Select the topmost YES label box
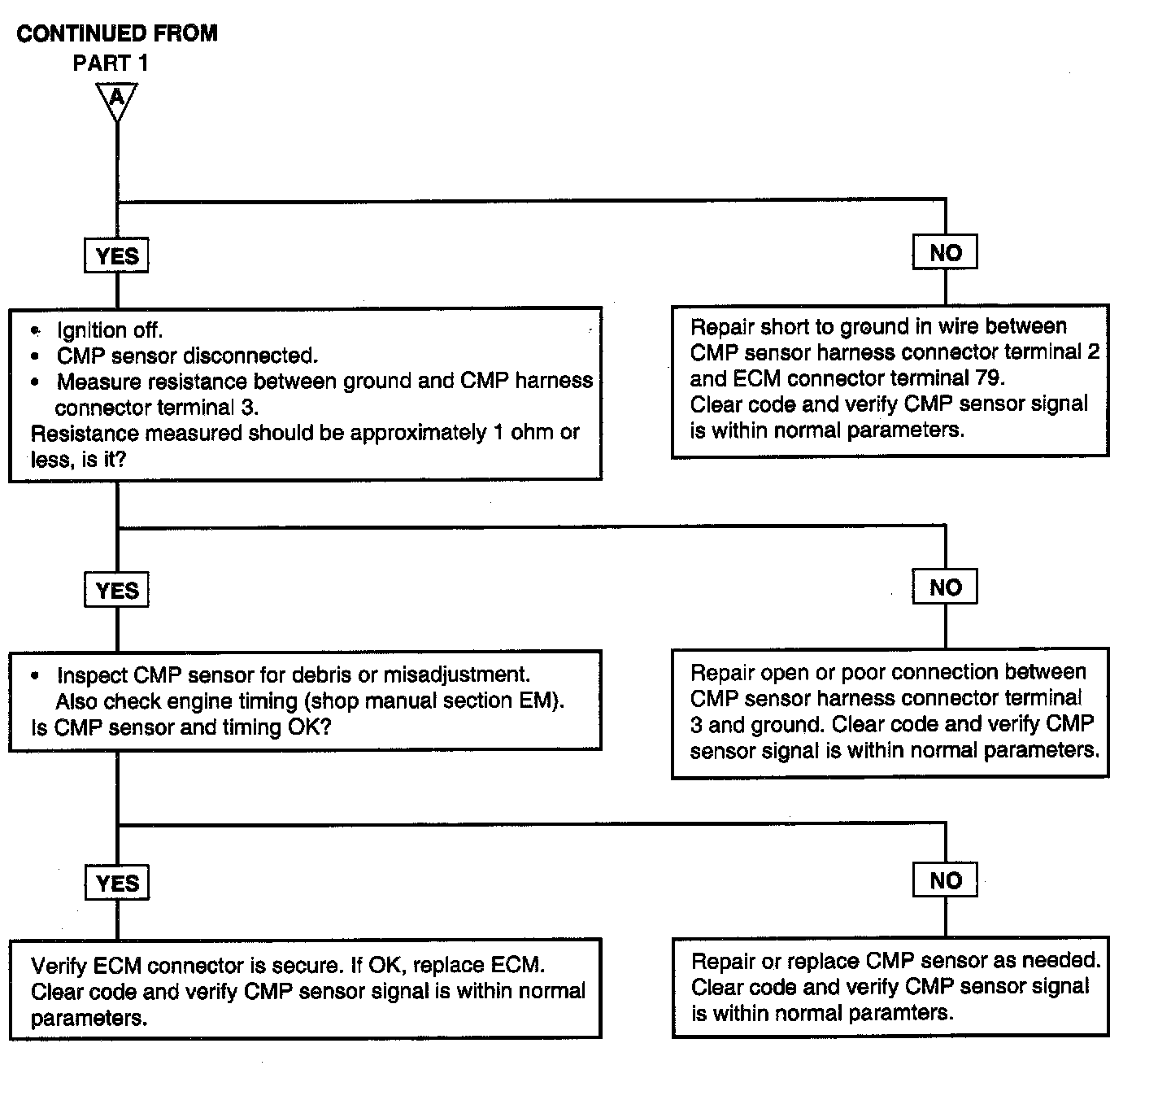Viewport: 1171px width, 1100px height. click(117, 255)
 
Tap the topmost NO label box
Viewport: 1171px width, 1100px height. click(945, 252)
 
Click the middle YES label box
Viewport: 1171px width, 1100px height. click(117, 590)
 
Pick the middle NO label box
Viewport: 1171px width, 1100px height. click(945, 587)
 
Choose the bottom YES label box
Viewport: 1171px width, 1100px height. click(117, 883)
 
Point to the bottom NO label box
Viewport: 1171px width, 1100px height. click(945, 880)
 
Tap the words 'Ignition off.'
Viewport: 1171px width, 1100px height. click(110, 330)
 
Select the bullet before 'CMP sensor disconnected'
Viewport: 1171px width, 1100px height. click(36, 356)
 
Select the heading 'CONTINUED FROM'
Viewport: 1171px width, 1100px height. click(117, 33)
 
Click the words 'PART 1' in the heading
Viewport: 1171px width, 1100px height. click(111, 63)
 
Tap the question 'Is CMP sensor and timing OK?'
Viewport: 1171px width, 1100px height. click(181, 727)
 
